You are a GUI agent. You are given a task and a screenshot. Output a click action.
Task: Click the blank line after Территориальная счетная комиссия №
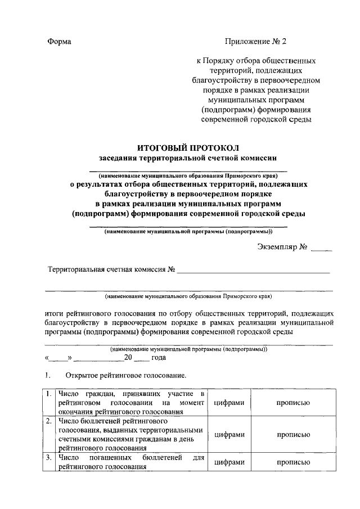tap(253, 272)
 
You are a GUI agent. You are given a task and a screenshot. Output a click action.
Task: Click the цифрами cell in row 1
tap(228, 403)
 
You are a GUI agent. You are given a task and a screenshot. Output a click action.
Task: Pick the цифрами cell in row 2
tap(228, 434)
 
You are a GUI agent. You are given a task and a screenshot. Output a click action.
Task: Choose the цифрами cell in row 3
tap(228, 462)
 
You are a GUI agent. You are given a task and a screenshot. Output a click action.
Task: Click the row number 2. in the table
tap(49, 421)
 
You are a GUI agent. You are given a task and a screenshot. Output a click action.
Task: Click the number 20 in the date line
tap(128, 357)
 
